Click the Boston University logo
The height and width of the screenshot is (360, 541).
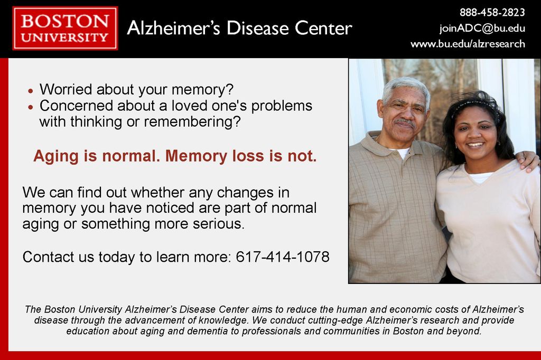[65, 29]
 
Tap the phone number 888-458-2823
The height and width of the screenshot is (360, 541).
[492, 13]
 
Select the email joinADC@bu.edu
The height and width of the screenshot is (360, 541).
[482, 29]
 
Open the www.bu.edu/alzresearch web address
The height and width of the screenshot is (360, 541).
[468, 44]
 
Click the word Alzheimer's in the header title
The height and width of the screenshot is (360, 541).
[173, 28]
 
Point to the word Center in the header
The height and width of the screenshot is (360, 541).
[323, 29]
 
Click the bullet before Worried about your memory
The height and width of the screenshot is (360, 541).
[31, 91]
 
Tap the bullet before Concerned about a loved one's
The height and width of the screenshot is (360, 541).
[31, 107]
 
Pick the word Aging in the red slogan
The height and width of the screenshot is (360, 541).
[56, 157]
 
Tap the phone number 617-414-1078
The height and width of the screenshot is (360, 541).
[283, 257]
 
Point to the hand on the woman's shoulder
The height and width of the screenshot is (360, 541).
[527, 160]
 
